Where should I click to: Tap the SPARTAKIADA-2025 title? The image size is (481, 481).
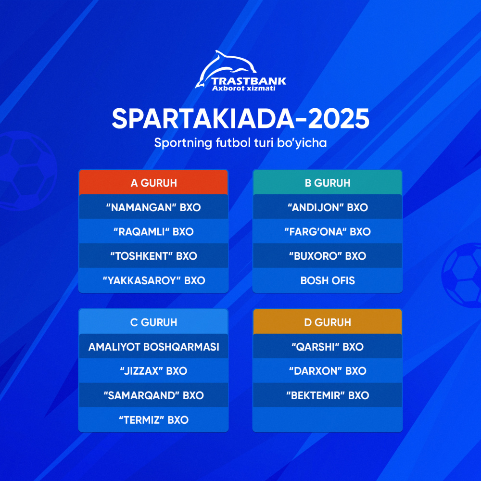[x=240, y=118]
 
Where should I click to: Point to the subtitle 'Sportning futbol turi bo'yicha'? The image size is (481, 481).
[x=240, y=143]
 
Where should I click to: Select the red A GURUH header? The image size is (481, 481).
[x=153, y=183]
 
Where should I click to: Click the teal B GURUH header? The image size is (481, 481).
[x=328, y=183]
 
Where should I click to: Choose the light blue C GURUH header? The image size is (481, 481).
[x=153, y=322]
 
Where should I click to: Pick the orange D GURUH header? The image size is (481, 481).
[x=328, y=322]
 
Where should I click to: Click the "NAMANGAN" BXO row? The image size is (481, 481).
[x=153, y=207]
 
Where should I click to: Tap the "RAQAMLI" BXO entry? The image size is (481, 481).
[x=153, y=232]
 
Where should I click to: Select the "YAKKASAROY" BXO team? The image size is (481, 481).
[x=153, y=280]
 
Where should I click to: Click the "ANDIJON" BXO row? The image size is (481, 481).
[x=328, y=207]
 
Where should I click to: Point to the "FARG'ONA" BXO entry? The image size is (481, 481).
[x=328, y=232]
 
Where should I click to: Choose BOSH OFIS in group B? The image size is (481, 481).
[x=328, y=280]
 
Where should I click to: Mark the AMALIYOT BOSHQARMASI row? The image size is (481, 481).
[x=153, y=347]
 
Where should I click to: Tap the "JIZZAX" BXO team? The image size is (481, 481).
[x=153, y=371]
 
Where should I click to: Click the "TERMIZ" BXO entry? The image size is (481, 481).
[x=153, y=420]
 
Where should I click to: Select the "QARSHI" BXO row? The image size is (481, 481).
[x=328, y=347]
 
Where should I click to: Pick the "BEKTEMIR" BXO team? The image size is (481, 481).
[x=328, y=395]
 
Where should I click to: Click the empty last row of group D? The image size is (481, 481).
[x=328, y=419]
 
